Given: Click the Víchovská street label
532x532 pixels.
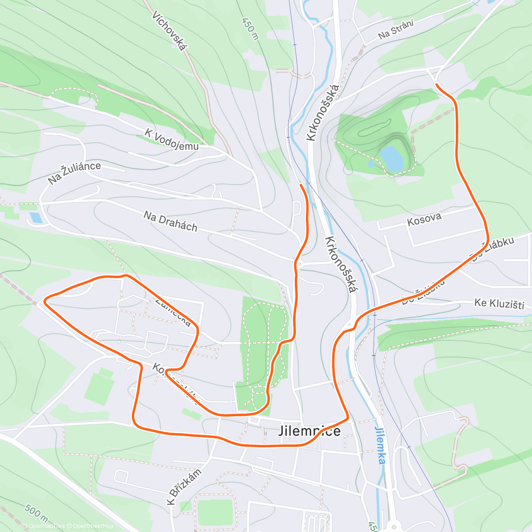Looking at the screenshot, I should [x=170, y=31].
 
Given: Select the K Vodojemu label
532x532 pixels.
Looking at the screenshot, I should [x=172, y=139].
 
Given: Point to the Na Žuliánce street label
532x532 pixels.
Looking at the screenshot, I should [x=74, y=173].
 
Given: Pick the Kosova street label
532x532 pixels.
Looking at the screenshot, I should [x=424, y=219].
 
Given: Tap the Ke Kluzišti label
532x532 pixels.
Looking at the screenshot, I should [x=499, y=304].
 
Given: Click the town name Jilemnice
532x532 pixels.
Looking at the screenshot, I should [x=310, y=431].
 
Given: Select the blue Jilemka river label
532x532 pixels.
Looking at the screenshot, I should [x=379, y=445].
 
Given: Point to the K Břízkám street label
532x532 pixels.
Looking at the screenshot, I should [x=184, y=487].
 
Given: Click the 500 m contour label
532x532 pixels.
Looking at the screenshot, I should [x=36, y=514].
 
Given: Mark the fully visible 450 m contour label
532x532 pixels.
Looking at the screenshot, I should [x=250, y=28].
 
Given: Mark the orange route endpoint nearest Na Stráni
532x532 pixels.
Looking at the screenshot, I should [x=437, y=84].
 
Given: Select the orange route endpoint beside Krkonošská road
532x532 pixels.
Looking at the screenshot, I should [x=301, y=184].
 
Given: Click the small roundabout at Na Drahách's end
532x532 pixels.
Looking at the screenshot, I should [x=300, y=264].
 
